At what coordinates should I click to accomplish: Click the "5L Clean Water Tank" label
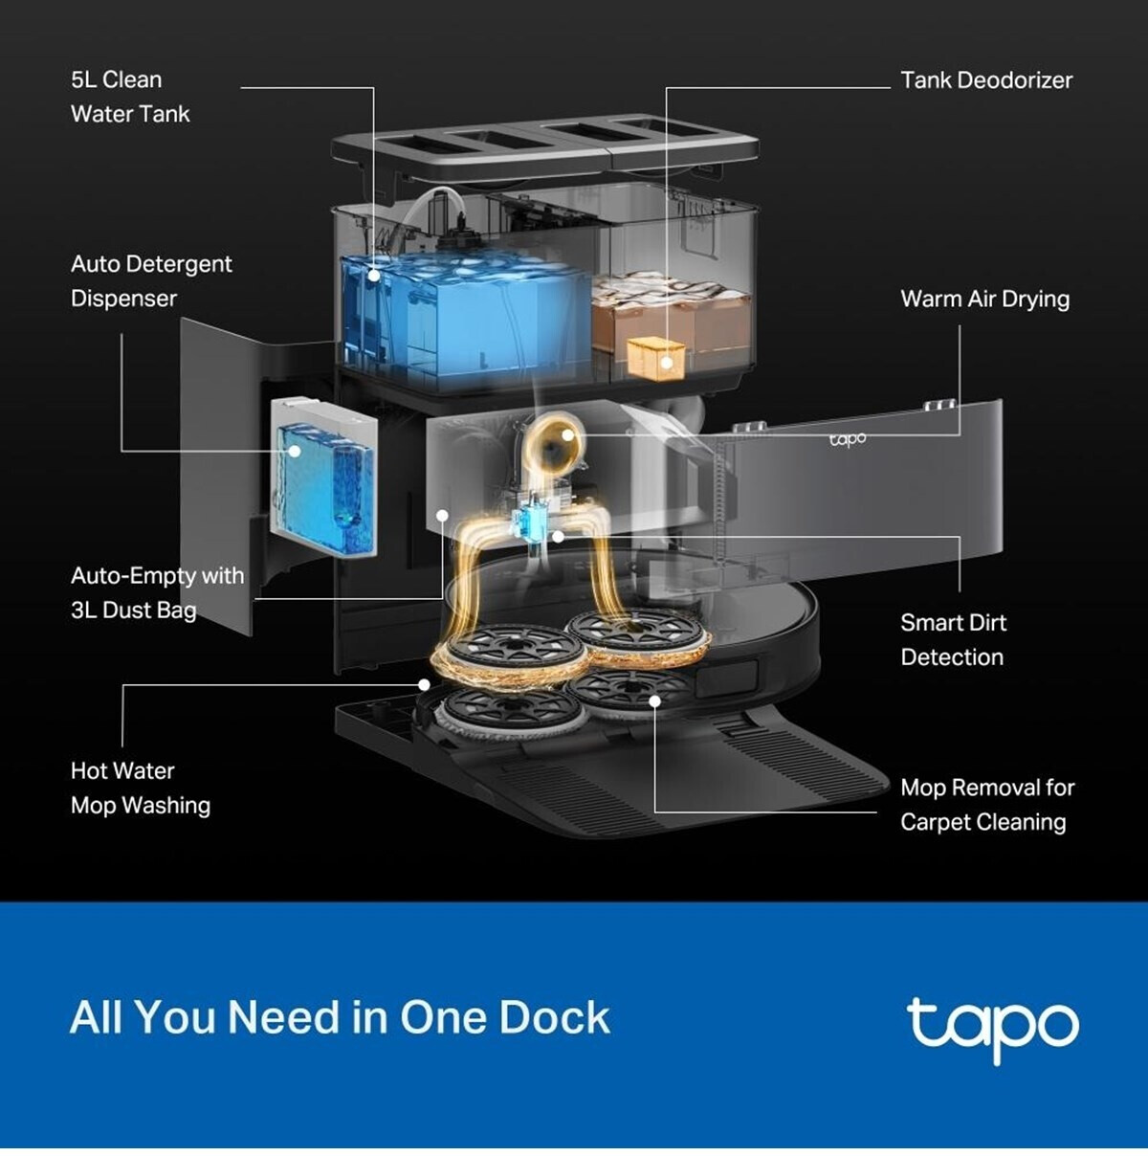coord(130,97)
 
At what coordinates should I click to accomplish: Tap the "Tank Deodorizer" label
coord(985,80)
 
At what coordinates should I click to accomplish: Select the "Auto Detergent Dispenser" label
coord(151,281)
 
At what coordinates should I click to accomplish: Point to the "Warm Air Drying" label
coord(984,299)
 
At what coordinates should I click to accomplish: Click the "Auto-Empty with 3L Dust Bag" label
coord(157,592)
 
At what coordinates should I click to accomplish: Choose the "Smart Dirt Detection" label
coord(953,639)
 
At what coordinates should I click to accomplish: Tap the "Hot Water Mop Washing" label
coord(141,788)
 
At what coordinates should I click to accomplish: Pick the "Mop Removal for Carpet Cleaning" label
coord(986,805)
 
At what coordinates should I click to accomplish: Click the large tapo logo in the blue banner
coord(992,1027)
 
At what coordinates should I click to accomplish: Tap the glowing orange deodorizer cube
coord(655,357)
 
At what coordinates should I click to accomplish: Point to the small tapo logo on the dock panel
coord(848,438)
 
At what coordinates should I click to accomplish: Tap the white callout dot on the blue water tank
coord(374,276)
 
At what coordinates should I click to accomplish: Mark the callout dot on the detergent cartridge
coord(296,451)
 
